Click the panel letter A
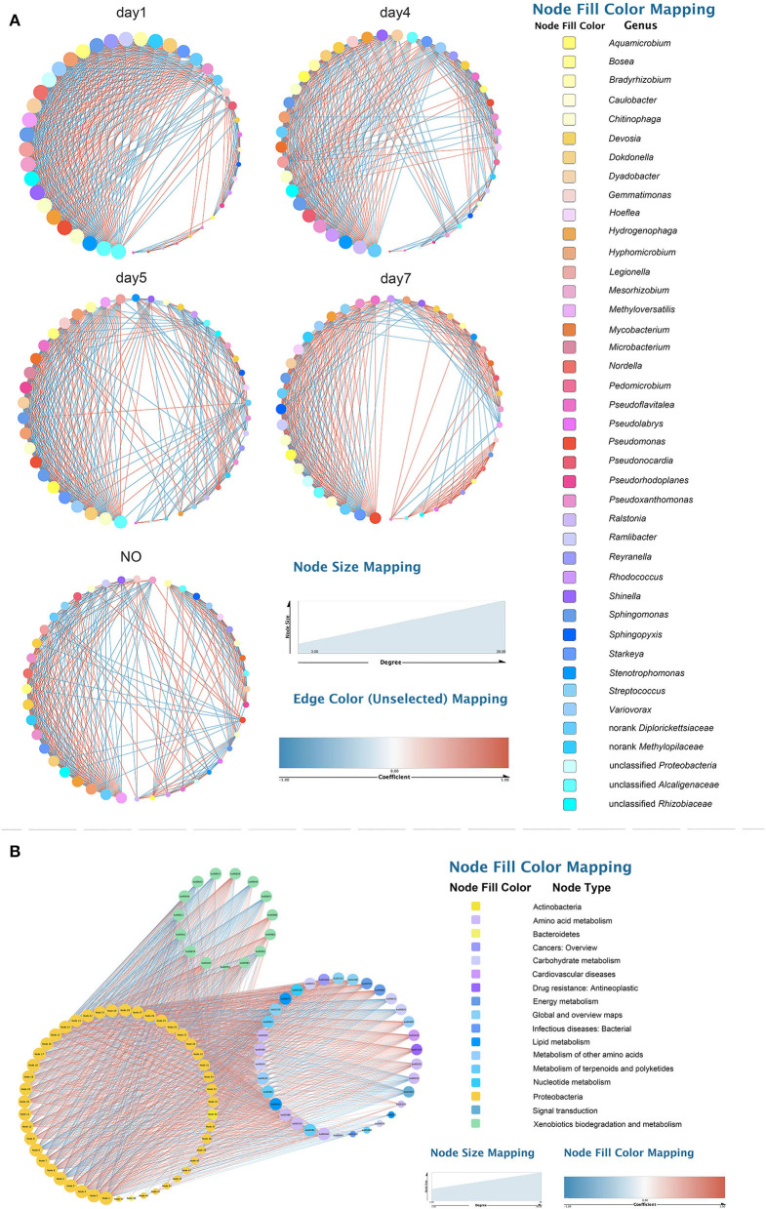point(15,19)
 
